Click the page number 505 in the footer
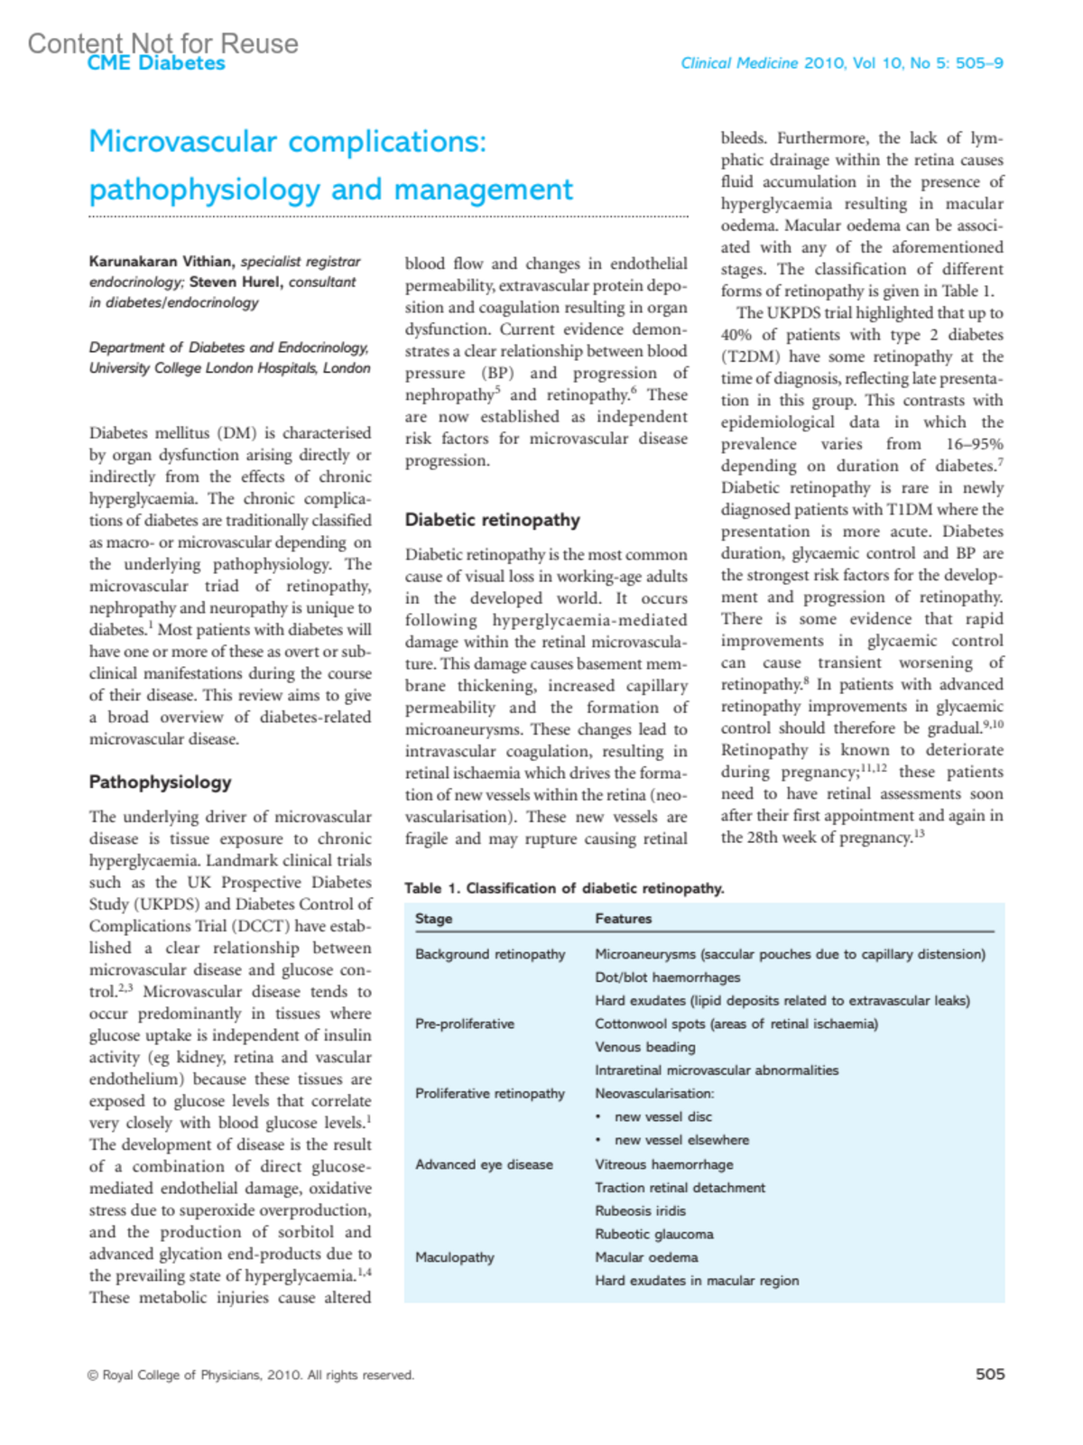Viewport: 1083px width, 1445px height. point(989,1374)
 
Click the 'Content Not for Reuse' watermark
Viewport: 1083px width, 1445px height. point(162,43)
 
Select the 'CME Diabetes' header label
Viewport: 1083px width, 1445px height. point(156,63)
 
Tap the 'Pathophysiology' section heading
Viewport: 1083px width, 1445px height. point(160,782)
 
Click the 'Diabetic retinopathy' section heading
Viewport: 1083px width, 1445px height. point(492,520)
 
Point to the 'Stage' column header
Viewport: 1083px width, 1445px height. point(433,919)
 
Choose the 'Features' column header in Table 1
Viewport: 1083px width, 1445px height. point(623,919)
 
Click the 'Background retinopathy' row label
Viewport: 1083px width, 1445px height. point(490,954)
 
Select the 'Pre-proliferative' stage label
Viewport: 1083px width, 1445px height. point(464,1024)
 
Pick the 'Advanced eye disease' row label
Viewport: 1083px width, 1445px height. point(484,1164)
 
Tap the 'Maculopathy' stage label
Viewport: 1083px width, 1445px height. point(455,1257)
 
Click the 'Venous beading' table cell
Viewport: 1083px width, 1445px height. point(644,1047)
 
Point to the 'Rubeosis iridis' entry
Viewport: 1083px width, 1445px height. point(640,1211)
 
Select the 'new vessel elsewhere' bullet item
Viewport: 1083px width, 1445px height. point(681,1140)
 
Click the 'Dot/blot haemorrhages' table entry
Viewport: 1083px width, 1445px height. point(667,977)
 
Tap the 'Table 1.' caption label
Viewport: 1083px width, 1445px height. point(432,888)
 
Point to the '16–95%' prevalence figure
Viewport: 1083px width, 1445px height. point(974,444)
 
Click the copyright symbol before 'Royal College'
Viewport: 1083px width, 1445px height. point(93,1376)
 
